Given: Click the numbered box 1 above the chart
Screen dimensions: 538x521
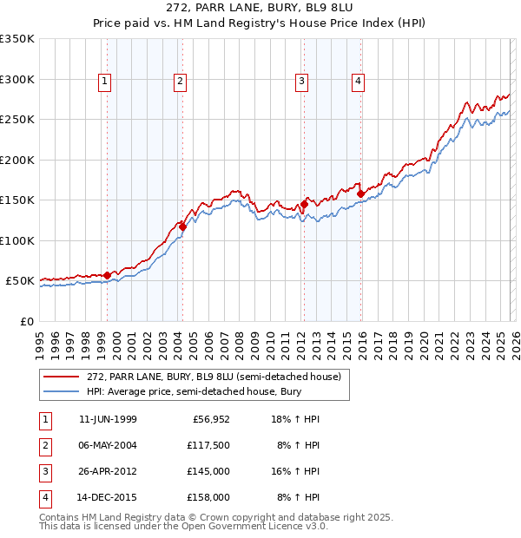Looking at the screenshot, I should coord(104,82).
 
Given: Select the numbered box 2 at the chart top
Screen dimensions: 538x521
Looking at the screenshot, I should coord(180,82).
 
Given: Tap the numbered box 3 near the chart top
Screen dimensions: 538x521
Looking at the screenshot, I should coord(301,82).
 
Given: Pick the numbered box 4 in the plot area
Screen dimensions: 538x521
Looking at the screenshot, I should coord(358,82).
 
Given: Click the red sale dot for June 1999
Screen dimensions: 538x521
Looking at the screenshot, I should coord(108,275).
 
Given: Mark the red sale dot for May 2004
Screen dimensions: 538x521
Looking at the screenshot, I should coord(182,226).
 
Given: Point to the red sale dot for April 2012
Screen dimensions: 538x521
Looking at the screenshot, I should coord(304,204).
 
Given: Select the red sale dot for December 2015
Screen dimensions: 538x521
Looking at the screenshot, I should coord(360,194).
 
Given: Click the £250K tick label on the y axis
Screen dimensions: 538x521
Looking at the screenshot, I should coord(17,120).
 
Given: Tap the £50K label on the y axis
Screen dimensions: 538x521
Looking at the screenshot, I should coord(20,281).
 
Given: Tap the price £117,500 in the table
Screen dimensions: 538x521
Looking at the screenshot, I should coord(208,444).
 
